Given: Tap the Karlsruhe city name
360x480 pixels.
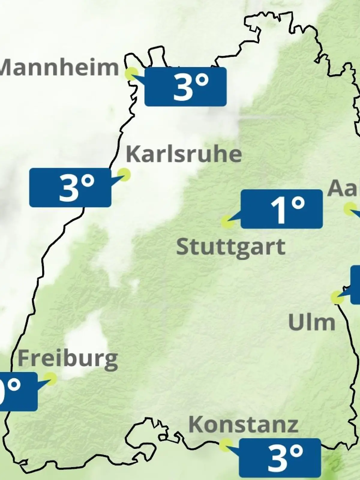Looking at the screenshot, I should point(184,154).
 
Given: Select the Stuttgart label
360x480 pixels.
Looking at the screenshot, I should point(231,247).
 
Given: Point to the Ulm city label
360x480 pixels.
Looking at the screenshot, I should point(312,322).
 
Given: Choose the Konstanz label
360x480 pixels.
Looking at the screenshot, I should point(243,424).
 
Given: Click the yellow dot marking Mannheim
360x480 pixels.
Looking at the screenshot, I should point(132,73).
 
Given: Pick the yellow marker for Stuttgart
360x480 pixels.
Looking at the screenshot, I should point(228,222).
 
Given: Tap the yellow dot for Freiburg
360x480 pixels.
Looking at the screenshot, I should point(50,378).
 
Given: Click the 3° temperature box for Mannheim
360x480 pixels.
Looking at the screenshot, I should point(185,87).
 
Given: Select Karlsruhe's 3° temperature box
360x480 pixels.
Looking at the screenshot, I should point(70,187).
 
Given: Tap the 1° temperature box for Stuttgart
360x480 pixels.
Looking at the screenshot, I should point(282,209).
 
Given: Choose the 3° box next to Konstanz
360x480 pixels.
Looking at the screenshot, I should point(280,458).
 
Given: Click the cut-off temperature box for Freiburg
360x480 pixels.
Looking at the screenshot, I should point(18,391).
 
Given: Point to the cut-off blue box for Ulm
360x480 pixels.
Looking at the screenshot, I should point(355,284).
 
